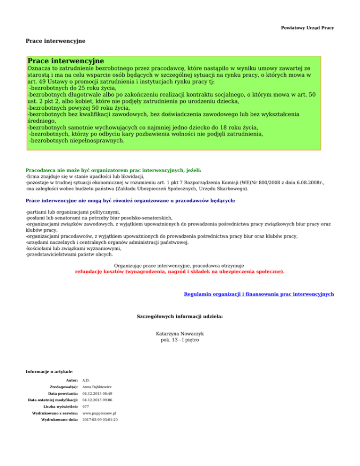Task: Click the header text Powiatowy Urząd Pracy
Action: (x=307, y=28)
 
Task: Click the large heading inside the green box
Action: (x=66, y=61)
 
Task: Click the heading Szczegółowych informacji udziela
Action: (x=180, y=316)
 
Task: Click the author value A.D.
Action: (x=86, y=380)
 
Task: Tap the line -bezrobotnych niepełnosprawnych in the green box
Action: (x=77, y=140)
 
